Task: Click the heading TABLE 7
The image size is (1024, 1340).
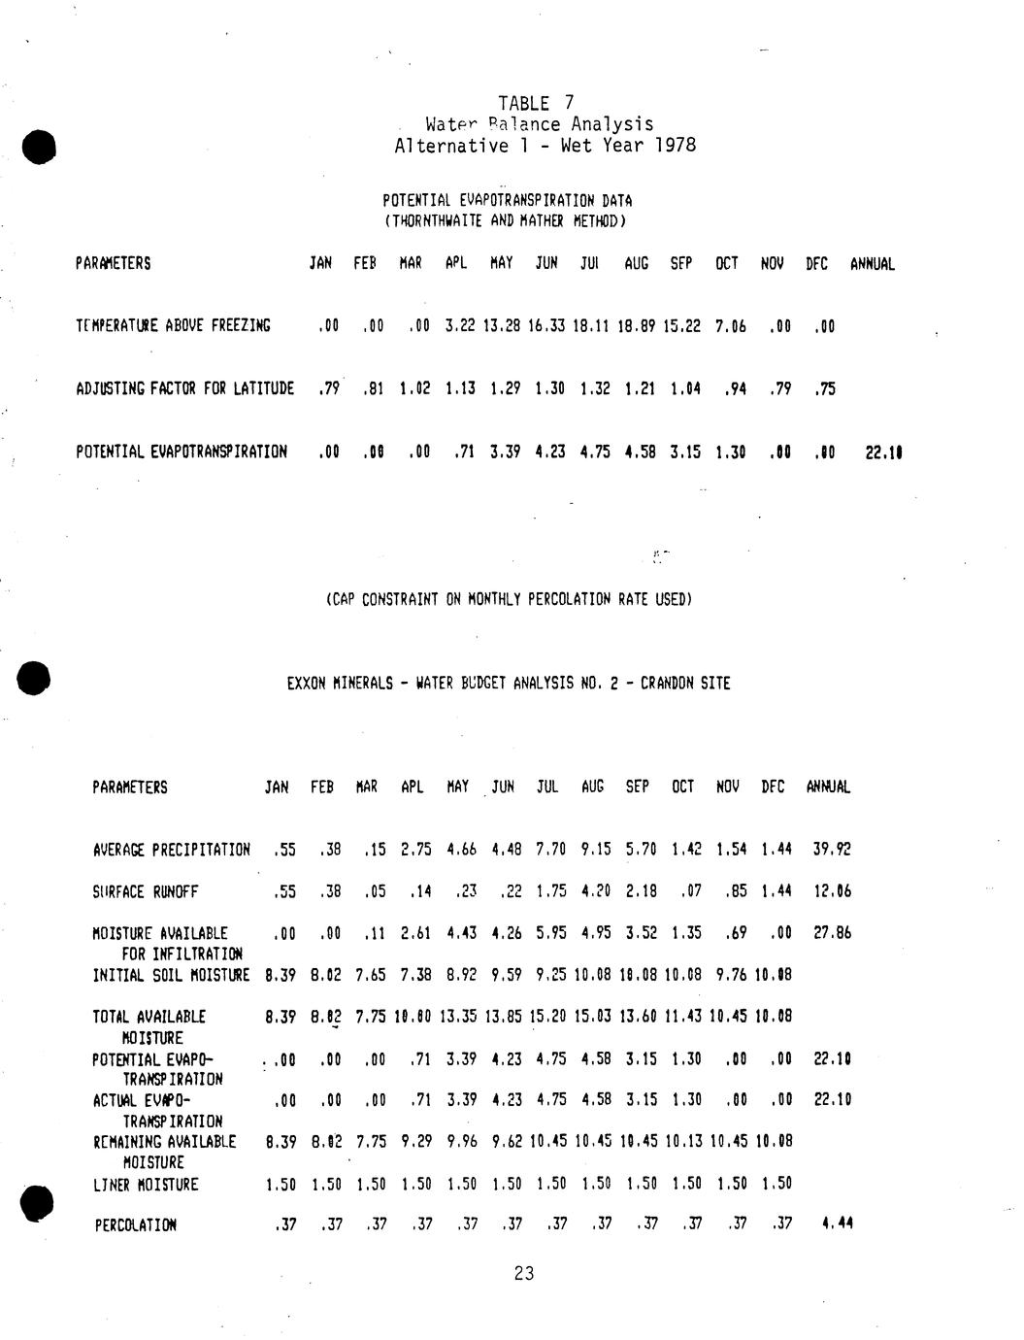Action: [536, 103]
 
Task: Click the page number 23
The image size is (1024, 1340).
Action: [524, 1274]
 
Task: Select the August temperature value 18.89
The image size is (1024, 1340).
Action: [637, 326]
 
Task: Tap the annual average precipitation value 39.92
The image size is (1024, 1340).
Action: [832, 850]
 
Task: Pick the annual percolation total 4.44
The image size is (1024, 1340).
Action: [837, 1224]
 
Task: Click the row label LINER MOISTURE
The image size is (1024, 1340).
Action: [146, 1185]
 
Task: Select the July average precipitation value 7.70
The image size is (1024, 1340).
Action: [549, 850]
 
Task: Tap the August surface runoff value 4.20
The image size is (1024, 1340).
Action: [595, 891]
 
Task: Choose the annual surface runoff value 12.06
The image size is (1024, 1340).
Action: [832, 891]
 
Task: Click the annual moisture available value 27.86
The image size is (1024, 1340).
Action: [832, 933]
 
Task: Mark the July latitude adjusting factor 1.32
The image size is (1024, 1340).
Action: [594, 389]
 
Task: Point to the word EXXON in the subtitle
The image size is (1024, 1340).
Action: [307, 684]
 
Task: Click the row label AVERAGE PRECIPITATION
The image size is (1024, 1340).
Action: [171, 850]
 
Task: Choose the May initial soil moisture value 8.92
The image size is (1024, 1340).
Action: [461, 975]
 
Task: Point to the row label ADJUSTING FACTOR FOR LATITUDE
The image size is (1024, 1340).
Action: [184, 389]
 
